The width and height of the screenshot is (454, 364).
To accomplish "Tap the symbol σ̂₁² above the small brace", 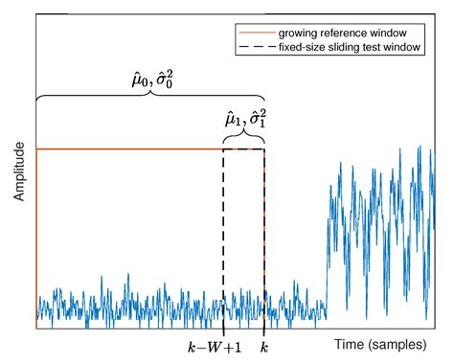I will (255, 120).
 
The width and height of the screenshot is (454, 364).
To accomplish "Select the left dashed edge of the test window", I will (223, 239).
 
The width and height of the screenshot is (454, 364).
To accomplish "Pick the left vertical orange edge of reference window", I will (36, 239).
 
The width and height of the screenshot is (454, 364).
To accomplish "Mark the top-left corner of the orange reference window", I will (36, 149).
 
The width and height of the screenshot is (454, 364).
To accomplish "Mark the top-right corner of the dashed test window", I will (264, 149).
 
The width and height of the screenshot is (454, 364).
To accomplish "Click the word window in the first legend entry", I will (394, 32).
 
